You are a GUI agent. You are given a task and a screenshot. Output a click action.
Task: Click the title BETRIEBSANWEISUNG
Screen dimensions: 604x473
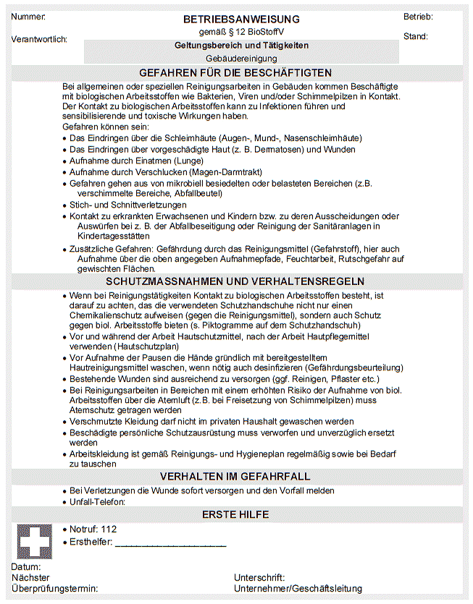pos(241,20)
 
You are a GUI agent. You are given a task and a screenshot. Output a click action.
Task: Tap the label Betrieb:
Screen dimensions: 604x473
pos(418,17)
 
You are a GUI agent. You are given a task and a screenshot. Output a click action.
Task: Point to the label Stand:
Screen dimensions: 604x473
pos(415,36)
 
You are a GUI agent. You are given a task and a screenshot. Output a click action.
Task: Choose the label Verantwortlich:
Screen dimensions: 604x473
pos(40,39)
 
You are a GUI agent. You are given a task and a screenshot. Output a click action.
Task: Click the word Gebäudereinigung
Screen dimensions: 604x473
pos(241,58)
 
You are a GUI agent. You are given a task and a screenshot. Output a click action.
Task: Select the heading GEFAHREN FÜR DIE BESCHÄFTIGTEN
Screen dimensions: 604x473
pos(236,72)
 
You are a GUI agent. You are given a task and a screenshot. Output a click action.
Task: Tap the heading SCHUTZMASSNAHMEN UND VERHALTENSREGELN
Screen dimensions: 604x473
pos(235,281)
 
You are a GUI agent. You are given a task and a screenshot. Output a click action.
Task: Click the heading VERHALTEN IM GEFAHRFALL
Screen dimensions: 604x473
pos(235,476)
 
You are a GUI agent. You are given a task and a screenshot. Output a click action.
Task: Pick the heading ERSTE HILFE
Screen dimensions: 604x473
pos(235,514)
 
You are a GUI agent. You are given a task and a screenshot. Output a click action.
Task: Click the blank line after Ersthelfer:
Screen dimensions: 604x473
pos(171,543)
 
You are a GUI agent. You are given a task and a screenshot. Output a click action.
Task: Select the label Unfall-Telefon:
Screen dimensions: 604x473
pos(98,501)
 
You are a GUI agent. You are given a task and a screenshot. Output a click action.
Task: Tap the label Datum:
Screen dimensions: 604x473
pos(26,567)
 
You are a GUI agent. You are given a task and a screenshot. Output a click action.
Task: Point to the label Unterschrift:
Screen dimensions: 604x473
pos(259,578)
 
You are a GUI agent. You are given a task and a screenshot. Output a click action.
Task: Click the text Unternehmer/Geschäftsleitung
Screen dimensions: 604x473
pos(298,589)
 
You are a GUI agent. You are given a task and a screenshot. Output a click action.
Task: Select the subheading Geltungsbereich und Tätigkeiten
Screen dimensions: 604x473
pos(241,45)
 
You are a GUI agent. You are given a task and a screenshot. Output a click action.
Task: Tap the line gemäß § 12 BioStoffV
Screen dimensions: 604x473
pos(241,33)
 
